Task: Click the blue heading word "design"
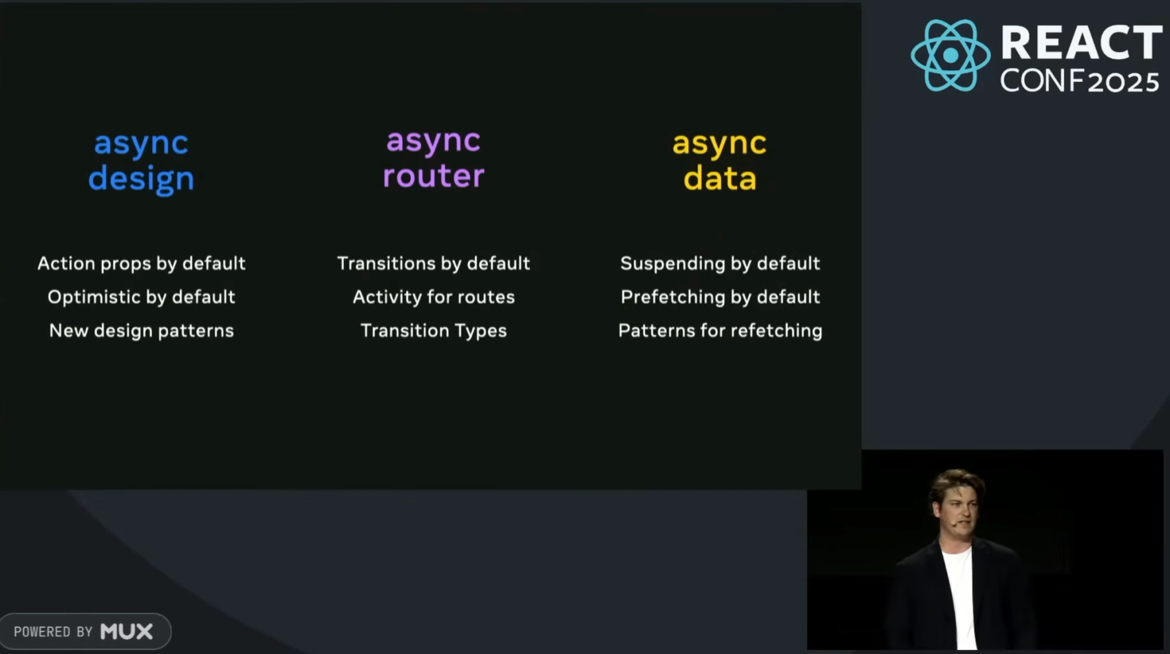pos(141,178)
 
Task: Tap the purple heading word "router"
pos(434,176)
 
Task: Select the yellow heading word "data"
pos(720,178)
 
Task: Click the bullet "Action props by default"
pos(141,263)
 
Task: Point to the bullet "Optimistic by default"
pos(141,297)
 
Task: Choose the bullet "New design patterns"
pos(141,331)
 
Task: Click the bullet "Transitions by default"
pos(434,263)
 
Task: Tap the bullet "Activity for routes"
pos(434,297)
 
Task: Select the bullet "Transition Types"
pos(434,331)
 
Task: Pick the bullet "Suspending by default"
pos(720,263)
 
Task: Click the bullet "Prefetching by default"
pos(720,297)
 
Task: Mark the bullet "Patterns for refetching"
pos(720,331)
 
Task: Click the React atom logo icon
pos(950,55)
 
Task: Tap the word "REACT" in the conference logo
pos(1081,42)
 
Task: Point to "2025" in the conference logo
pos(1123,83)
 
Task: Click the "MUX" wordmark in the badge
pos(127,631)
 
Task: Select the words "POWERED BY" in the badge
pos(53,632)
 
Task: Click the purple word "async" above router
pos(434,140)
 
